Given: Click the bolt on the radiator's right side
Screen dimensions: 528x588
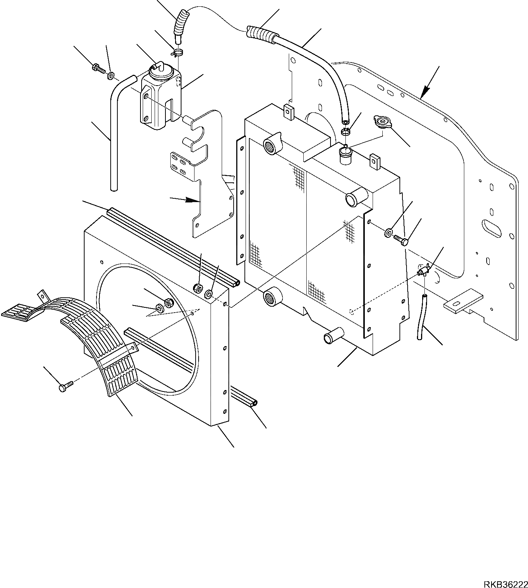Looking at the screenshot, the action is pyautogui.click(x=401, y=239).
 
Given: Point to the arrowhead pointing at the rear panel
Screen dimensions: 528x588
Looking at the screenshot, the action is pyautogui.click(x=426, y=91).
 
